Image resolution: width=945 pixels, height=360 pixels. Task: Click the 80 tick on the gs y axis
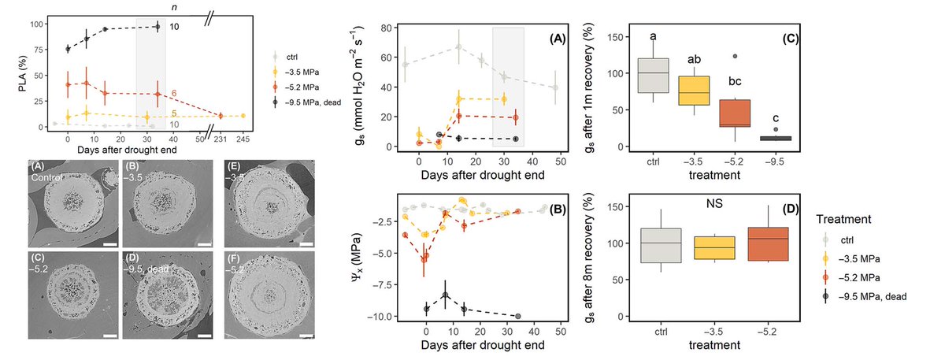point(385,28)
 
